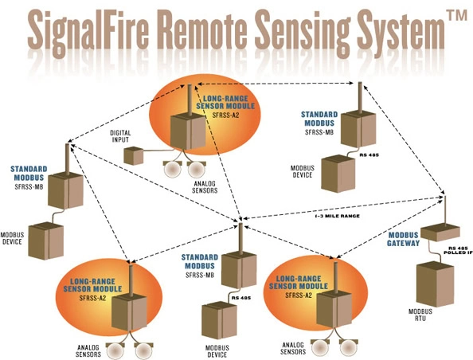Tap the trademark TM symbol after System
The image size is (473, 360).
(x=456, y=15)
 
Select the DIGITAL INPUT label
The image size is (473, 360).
(x=120, y=136)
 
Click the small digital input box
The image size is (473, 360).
(x=133, y=155)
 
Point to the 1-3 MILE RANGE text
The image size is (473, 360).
(x=338, y=216)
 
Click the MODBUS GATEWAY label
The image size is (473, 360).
(x=403, y=239)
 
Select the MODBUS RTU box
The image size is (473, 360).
(x=435, y=284)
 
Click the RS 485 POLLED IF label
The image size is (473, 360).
(x=458, y=250)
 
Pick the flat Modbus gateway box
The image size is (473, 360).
(x=440, y=233)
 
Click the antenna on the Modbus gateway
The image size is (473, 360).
(x=445, y=210)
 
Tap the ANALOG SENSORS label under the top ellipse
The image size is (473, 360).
(x=205, y=187)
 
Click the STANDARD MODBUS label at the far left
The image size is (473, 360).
(x=29, y=173)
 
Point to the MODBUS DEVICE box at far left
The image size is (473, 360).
(x=46, y=241)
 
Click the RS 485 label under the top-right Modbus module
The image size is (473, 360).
(x=369, y=155)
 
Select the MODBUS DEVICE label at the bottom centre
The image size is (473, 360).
(x=217, y=351)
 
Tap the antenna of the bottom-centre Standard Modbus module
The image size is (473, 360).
(x=240, y=238)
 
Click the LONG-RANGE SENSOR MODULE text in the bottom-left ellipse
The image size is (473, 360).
(x=93, y=285)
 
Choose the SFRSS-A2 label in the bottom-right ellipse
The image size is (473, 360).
(x=299, y=295)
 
